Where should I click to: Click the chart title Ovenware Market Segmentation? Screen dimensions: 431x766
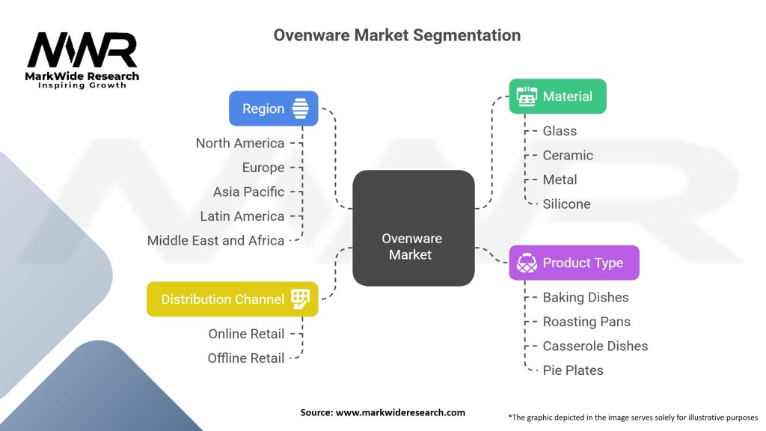pos(396,35)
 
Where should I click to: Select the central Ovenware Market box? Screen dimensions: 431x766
pos(413,228)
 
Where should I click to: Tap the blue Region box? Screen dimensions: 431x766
pos(273,108)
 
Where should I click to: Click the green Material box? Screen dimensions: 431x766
pos(557,97)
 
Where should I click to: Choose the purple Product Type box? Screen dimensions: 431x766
pos(574,263)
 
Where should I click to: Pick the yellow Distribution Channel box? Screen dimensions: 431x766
pos(232,299)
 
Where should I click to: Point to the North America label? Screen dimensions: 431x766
pos(240,143)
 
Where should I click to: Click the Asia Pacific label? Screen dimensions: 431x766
pos(248,192)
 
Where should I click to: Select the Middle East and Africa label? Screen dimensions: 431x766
pos(215,240)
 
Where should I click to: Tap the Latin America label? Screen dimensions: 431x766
pos(242,216)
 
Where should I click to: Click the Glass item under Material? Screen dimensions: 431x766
pos(560,131)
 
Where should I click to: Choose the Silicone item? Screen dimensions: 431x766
pos(566,204)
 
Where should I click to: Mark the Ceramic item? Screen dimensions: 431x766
pos(568,156)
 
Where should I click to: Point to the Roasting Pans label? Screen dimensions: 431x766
pos(586,322)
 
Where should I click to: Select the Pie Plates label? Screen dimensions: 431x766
pos(573,370)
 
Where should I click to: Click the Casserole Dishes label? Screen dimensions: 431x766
pos(595,346)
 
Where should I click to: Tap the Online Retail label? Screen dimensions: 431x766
pos(246,334)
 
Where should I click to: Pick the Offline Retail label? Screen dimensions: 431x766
pos(246,358)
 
